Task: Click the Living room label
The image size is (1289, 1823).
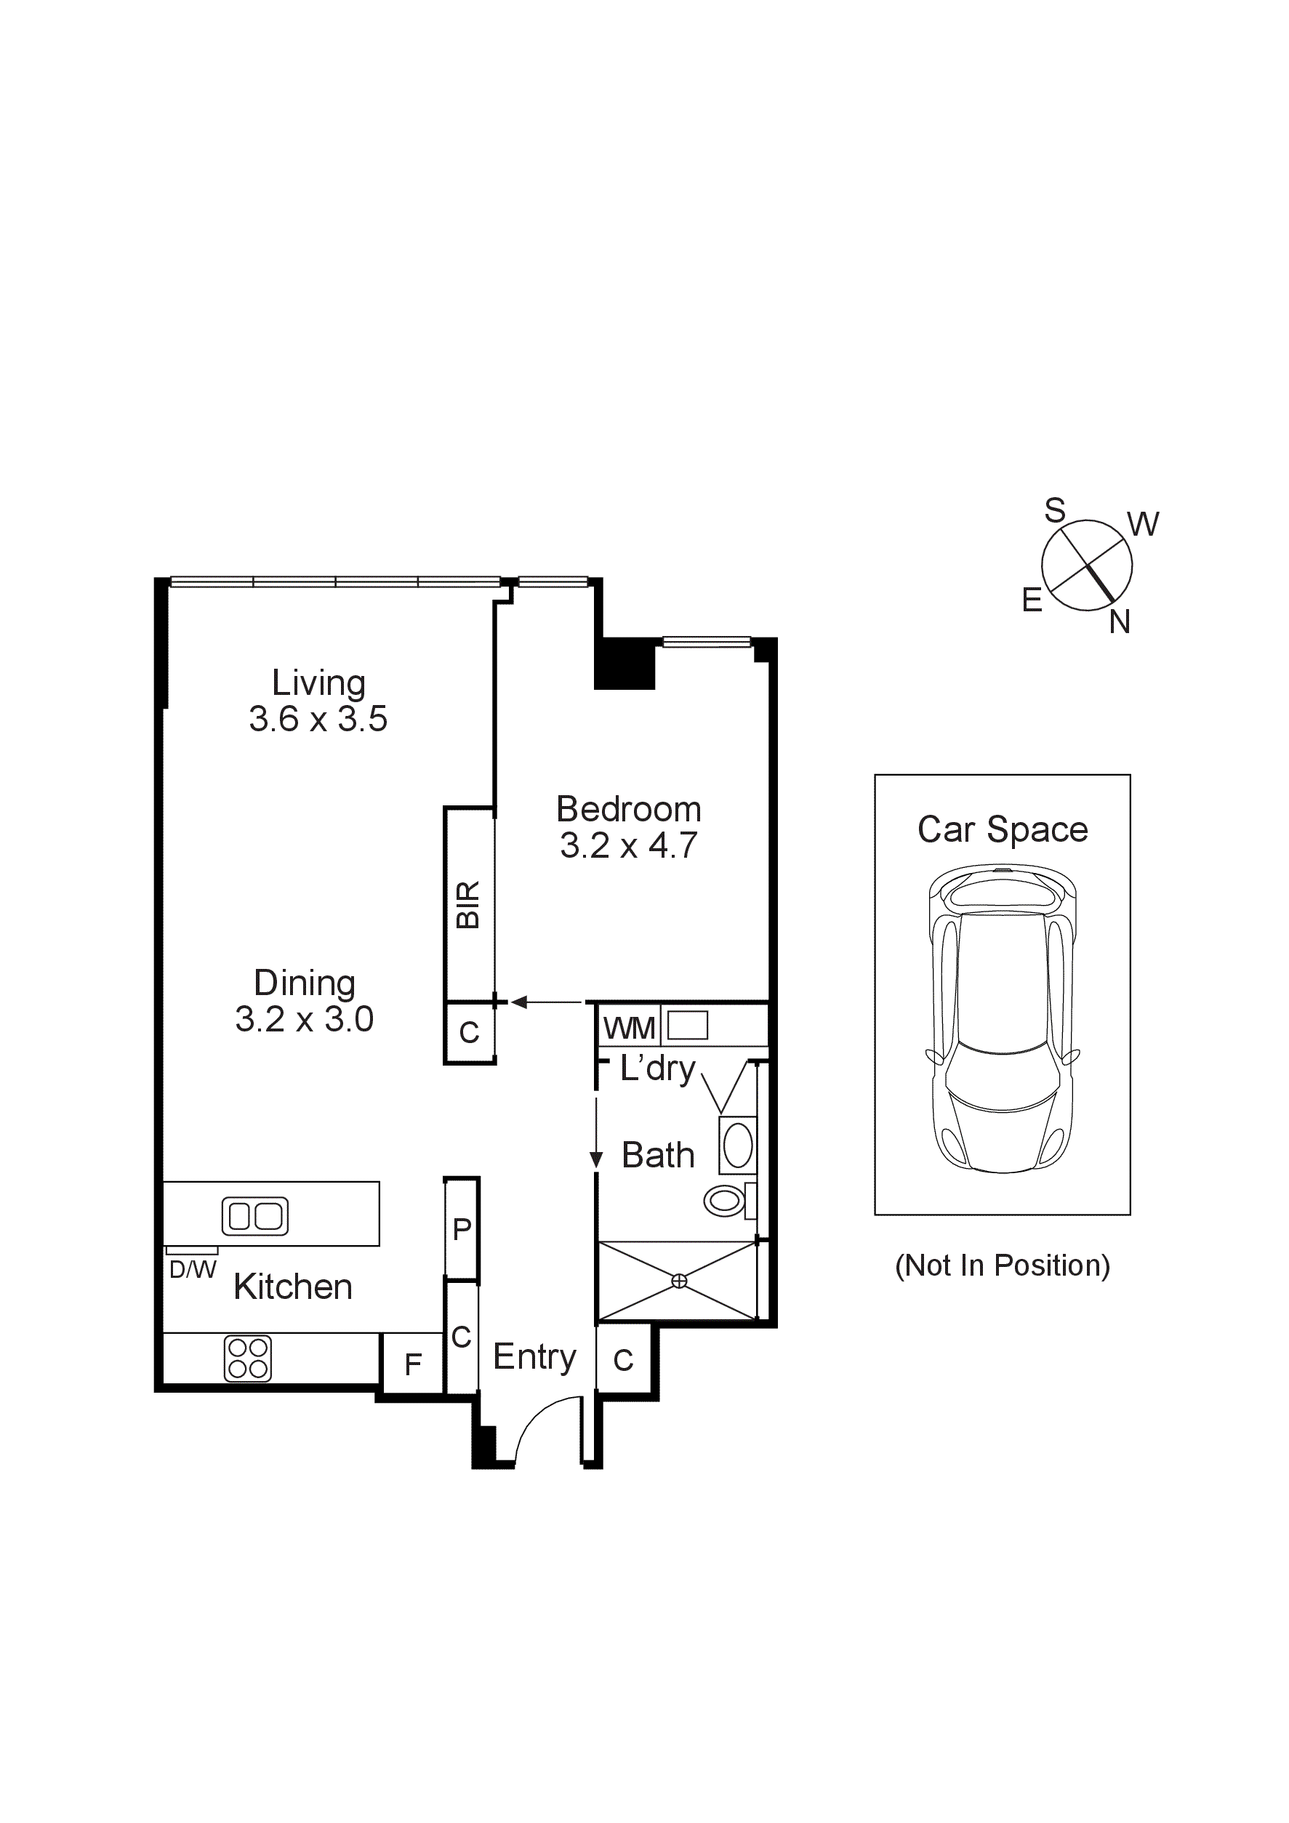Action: point(318,683)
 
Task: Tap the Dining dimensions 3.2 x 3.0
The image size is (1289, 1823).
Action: point(304,1018)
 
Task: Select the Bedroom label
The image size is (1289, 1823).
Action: point(628,809)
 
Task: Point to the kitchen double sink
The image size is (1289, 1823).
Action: point(255,1215)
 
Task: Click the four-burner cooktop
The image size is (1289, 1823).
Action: point(248,1359)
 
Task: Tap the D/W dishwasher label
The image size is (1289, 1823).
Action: point(192,1270)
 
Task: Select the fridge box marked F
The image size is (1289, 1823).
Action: point(412,1364)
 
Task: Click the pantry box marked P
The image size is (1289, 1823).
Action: point(462,1229)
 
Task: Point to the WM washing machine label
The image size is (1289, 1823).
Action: point(629,1029)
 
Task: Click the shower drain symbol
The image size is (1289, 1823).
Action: point(679,1281)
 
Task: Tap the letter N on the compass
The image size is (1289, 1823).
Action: point(1119,622)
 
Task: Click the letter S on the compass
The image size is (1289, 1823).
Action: point(1054,510)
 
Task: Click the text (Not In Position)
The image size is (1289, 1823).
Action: point(1003,1265)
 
